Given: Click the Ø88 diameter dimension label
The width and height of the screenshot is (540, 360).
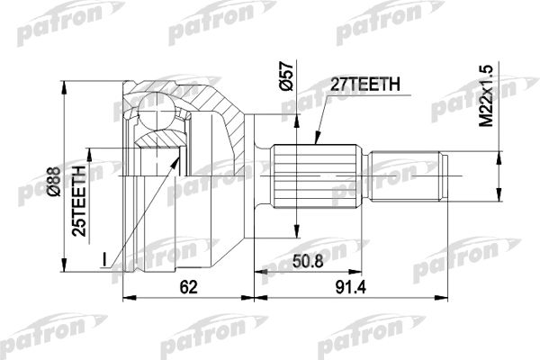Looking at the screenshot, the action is point(55,182).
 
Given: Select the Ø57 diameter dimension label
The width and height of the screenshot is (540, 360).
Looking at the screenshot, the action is point(286,76).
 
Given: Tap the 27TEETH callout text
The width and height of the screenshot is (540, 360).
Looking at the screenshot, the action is point(365,84).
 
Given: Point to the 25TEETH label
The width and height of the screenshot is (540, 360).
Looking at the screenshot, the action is point(79,202).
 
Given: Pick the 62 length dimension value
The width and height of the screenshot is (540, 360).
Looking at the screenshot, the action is point(189,286).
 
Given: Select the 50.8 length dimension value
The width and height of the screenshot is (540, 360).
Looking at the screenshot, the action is point(308,262).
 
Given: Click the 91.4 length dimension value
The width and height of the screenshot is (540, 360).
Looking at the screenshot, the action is point(351,286).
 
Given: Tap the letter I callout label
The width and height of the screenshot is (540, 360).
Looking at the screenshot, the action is point(104,259).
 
